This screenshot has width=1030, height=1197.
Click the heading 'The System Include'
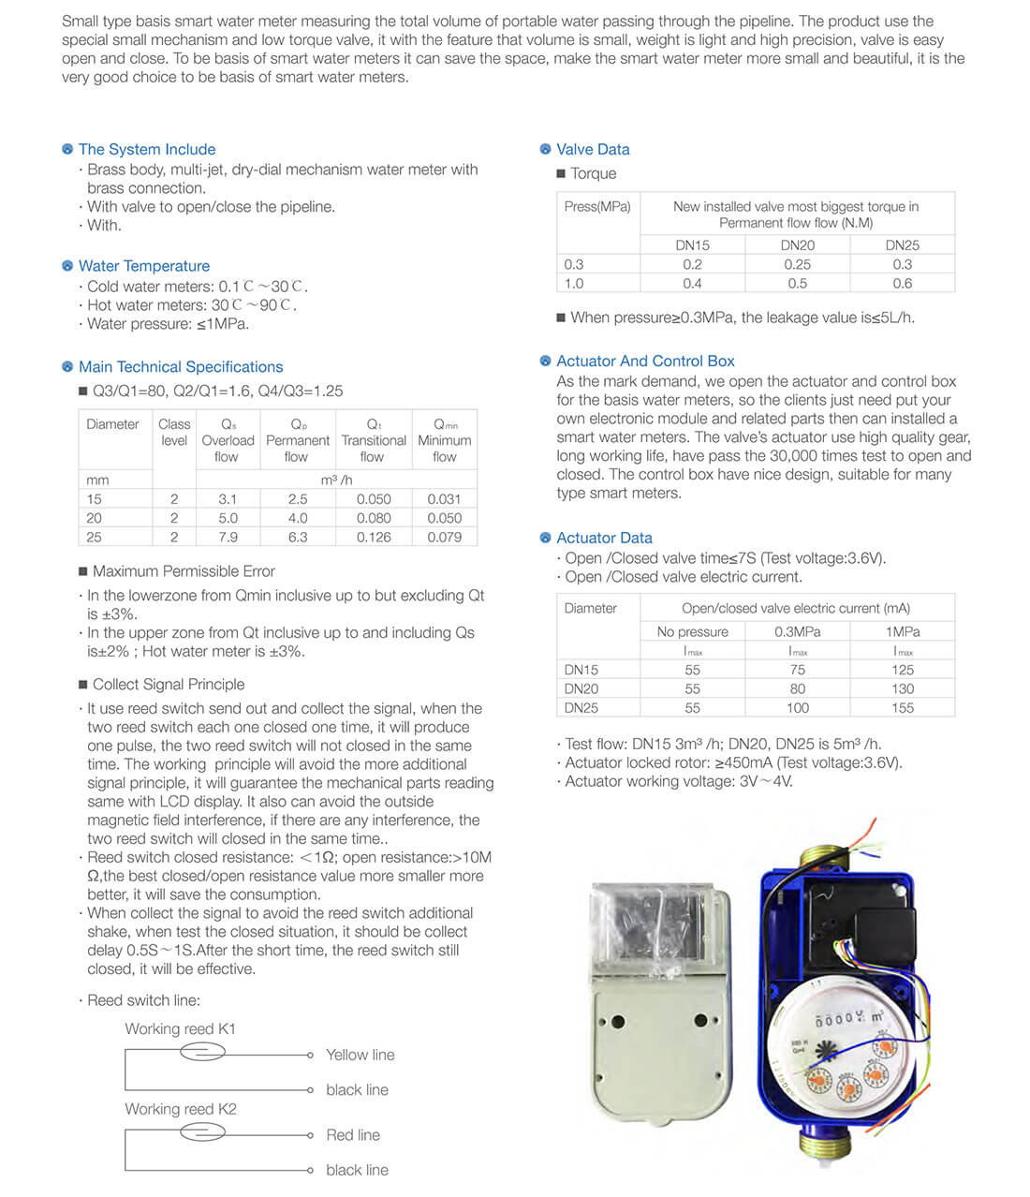coord(146,149)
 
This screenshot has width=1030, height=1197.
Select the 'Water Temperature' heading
coord(143,266)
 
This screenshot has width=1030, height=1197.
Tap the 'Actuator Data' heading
coord(604,538)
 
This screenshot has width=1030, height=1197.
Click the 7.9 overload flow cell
coord(228,537)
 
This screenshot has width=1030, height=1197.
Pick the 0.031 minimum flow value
coord(444,499)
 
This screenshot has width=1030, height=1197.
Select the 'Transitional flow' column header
coord(373,440)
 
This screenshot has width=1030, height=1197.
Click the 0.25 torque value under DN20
coord(797,264)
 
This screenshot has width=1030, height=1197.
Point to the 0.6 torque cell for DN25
coord(902,283)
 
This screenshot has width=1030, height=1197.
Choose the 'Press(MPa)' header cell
coord(597,206)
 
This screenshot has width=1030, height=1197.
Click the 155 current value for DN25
coord(902,708)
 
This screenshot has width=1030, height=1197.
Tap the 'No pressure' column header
coord(692,632)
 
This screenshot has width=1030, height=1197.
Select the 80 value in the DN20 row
coord(797,688)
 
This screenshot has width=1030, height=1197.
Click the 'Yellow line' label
coord(360,1055)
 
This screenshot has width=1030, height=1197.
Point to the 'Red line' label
coord(352,1135)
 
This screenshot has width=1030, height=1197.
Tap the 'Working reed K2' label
coord(181,1109)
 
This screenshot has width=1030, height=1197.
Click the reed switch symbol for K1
coord(202,1054)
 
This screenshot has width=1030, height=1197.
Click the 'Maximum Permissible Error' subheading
coord(184,571)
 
